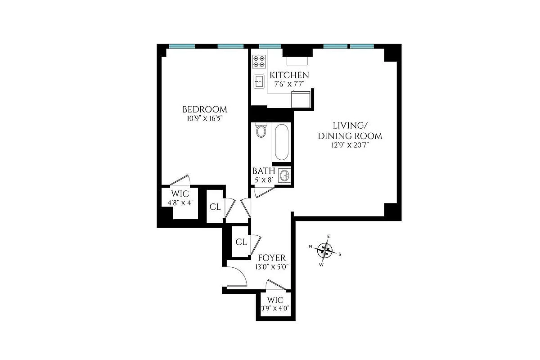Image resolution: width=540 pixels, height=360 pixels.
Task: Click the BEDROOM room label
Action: [204, 109]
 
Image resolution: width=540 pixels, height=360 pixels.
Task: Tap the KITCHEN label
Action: [289, 75]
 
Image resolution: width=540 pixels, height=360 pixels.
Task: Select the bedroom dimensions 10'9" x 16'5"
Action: [204, 119]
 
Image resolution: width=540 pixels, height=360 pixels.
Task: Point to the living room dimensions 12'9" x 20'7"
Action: [351, 145]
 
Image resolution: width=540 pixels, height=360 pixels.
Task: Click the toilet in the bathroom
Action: [261, 130]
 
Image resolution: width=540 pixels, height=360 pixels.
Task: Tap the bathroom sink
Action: [283, 175]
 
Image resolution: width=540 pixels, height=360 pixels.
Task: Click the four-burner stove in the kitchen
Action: [259, 61]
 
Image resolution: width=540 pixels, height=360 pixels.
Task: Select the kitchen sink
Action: [259, 81]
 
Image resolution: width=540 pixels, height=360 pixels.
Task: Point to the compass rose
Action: [325, 249]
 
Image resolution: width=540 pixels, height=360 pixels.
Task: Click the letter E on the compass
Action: [328, 237]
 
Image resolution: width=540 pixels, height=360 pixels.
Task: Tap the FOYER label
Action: [271, 258]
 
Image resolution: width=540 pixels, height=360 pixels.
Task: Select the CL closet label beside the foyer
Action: [241, 242]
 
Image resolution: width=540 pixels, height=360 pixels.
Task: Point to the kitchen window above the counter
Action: [270, 46]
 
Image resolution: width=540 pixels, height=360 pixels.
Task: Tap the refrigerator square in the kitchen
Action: [300, 99]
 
